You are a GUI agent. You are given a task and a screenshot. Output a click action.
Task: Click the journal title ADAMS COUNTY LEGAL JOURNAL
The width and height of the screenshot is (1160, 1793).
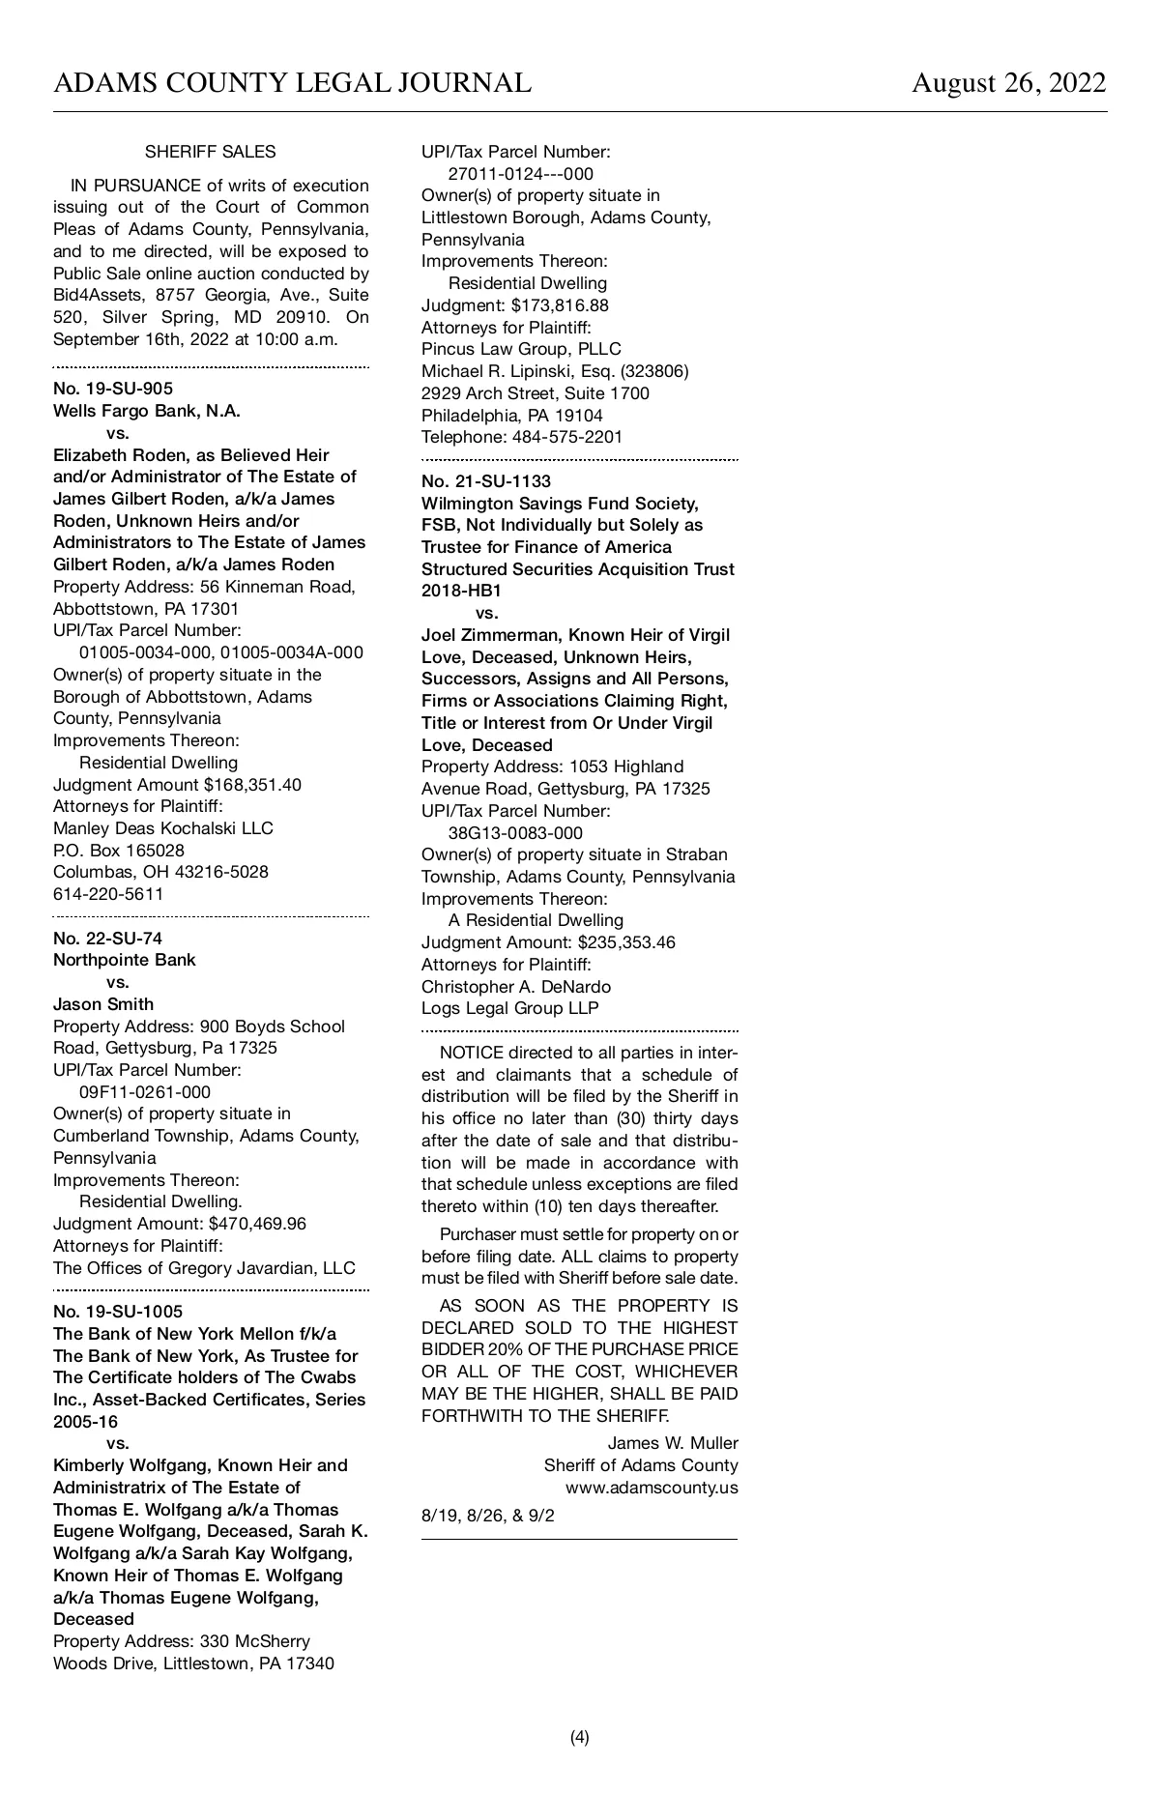pos(292,83)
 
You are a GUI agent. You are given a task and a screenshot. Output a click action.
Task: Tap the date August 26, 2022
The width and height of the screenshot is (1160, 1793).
pos(1008,83)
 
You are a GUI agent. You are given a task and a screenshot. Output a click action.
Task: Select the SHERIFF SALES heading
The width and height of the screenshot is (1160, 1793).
pos(210,152)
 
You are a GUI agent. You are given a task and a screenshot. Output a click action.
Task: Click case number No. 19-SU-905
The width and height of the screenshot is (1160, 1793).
pos(113,389)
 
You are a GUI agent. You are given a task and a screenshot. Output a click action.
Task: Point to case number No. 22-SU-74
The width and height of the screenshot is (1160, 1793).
pos(107,938)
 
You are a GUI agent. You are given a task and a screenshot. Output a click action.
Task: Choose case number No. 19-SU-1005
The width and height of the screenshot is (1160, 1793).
pos(118,1312)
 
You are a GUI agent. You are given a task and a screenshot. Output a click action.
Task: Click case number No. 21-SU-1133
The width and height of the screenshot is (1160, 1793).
pos(486,481)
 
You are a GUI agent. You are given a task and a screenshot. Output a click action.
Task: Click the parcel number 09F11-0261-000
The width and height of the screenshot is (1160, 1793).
pos(145,1092)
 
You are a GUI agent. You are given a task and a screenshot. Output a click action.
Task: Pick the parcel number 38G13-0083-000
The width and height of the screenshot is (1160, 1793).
pos(515,833)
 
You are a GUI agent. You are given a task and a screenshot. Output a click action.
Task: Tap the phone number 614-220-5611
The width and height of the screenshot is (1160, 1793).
pos(108,894)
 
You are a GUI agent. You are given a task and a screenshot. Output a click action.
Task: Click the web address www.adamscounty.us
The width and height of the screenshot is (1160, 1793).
pos(652,1488)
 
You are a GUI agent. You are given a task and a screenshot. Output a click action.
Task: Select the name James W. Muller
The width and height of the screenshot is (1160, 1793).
pos(673,1443)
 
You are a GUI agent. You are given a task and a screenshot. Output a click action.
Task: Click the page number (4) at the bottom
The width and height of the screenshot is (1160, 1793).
pos(580,1737)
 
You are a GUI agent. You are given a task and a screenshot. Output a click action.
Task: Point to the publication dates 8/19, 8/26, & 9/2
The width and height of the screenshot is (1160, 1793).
pos(488,1516)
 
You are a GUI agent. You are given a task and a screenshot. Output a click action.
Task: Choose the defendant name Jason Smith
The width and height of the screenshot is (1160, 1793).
pos(103,1004)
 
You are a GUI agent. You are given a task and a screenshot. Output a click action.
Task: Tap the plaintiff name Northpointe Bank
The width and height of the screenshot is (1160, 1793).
pos(124,960)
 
